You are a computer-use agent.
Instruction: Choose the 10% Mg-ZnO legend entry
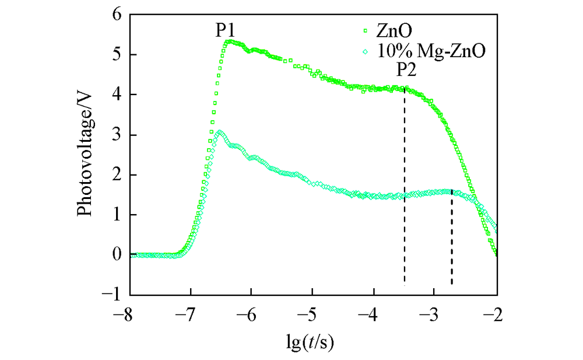point(423,51)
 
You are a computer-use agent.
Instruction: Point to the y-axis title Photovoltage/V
point(87,154)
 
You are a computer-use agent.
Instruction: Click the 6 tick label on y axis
point(117,15)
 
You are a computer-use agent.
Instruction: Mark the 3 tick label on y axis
point(117,135)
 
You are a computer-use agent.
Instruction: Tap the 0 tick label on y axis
point(117,255)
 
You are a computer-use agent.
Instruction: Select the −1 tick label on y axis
point(113,295)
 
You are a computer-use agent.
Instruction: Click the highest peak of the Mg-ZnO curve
point(219,132)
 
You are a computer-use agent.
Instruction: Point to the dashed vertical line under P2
point(405,187)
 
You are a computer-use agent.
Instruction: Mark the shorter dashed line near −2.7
point(452,239)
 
